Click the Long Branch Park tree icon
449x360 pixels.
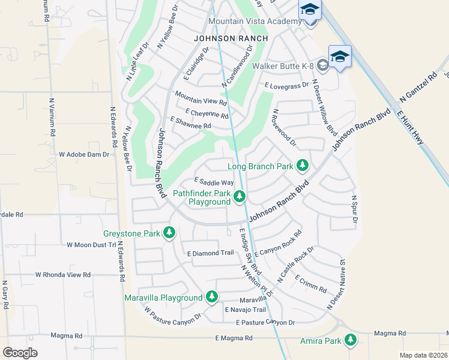pos(303,165)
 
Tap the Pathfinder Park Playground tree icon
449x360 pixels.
pos(240,196)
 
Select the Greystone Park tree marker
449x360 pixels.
pos(169,232)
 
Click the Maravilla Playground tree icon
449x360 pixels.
pos(211,296)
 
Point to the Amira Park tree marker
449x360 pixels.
pos(350,341)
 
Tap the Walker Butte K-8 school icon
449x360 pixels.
pos(322,65)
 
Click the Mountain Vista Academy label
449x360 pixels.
pos(255,22)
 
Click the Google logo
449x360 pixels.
pos(20,352)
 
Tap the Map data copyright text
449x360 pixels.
pos(423,355)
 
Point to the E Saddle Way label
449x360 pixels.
pos(214,182)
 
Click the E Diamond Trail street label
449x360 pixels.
pos(210,253)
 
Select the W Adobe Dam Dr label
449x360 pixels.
pos(84,154)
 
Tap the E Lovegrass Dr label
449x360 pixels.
pos(287,85)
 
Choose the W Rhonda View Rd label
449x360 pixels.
pos(62,274)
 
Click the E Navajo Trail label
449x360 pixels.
pos(245,310)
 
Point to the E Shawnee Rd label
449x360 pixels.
pos(190,123)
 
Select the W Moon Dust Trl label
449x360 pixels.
pos(91,245)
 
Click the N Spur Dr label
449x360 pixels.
pos(354,210)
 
